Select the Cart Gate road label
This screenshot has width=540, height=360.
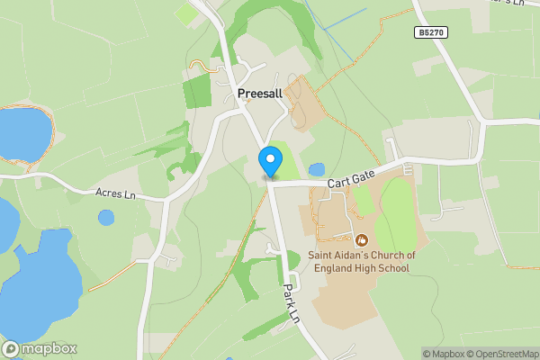point(350,183)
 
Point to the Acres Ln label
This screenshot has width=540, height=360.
point(115,193)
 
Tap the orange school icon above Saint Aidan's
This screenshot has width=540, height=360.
point(362,239)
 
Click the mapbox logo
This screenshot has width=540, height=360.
point(40,348)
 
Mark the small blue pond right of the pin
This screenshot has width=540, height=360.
point(316,169)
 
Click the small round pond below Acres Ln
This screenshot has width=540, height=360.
point(106,217)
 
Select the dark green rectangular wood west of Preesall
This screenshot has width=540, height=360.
point(196,92)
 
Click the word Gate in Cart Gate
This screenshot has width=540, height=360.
point(361,181)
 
